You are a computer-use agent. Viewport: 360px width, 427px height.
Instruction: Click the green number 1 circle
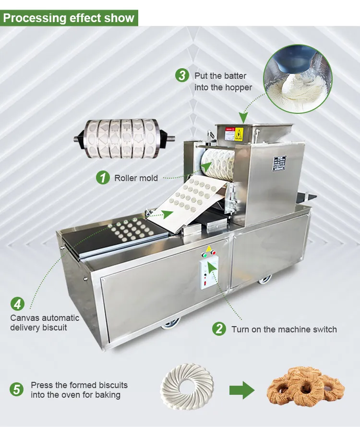[102, 178]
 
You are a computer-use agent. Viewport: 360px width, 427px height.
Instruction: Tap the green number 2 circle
[219, 329]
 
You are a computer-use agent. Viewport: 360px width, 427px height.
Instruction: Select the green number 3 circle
[182, 75]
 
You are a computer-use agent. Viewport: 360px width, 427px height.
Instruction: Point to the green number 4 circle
[18, 305]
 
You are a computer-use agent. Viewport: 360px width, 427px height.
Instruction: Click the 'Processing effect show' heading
[69, 18]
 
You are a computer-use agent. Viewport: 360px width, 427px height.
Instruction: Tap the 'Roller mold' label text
[136, 178]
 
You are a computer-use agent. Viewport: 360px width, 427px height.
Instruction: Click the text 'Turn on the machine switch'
[284, 329]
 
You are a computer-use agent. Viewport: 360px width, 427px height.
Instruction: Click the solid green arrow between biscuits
[242, 390]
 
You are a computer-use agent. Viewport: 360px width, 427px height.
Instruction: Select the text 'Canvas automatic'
[45, 318]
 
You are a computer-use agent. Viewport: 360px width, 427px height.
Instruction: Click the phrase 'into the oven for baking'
[76, 395]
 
